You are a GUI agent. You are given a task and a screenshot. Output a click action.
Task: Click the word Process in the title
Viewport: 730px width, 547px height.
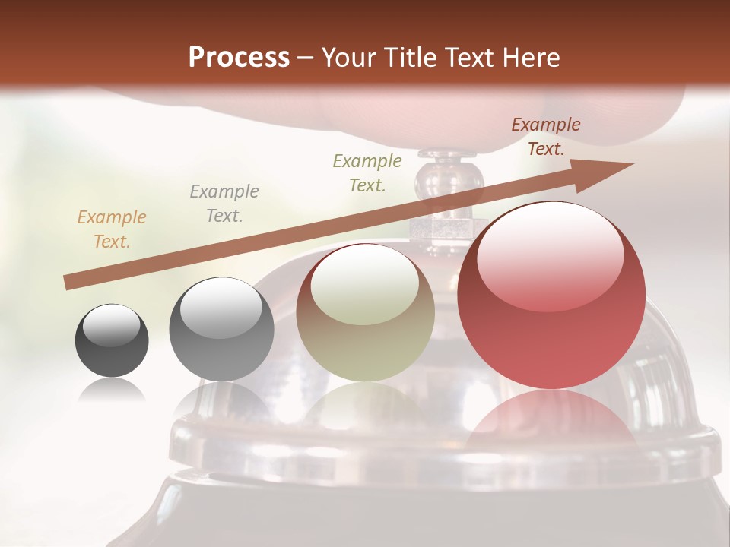[x=239, y=58]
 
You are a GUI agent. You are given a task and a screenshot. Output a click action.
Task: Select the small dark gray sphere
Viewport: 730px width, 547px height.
[x=112, y=340]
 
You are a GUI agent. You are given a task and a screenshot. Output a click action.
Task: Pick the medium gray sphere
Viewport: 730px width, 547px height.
[x=221, y=329]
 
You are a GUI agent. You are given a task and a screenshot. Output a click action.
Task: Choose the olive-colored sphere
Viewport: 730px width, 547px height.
[x=365, y=313]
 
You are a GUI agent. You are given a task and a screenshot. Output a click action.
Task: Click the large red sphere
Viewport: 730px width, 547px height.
[x=551, y=295]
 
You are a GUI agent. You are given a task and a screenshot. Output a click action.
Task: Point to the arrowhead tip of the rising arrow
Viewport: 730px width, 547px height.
[x=631, y=164]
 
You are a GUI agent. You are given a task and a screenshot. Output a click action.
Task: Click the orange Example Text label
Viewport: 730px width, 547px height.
[x=112, y=229]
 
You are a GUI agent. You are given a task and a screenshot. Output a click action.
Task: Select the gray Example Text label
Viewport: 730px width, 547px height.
[x=224, y=204]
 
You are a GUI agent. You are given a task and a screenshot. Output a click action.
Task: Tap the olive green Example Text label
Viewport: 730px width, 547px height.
[x=367, y=172]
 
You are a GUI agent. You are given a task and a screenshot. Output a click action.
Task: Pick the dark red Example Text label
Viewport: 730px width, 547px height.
[x=545, y=137]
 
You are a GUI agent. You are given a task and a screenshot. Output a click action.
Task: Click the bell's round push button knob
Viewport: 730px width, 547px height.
[x=449, y=176]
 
